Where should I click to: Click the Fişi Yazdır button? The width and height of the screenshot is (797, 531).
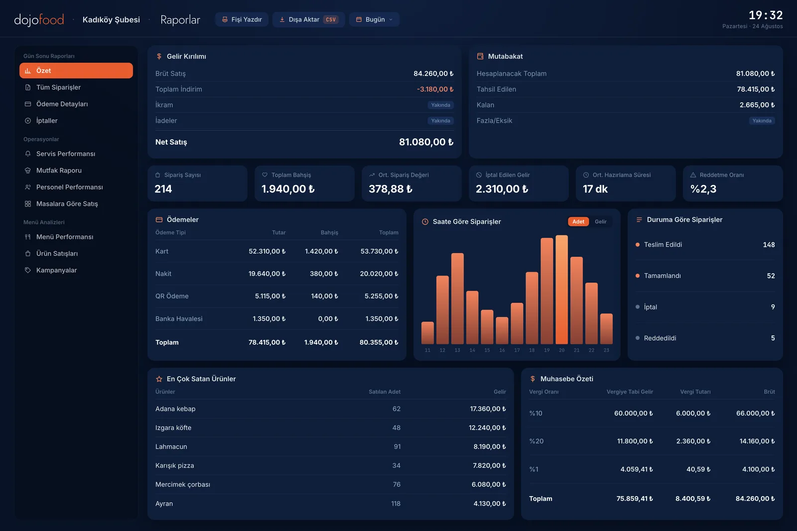click(242, 19)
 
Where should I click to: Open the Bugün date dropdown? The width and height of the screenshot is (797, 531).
click(374, 19)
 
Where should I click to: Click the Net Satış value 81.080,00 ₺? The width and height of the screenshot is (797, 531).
click(426, 142)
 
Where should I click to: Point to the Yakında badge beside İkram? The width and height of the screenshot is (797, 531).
click(440, 105)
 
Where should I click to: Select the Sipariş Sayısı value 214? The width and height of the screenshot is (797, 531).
click(163, 189)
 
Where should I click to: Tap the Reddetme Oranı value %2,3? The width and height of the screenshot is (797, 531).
click(703, 189)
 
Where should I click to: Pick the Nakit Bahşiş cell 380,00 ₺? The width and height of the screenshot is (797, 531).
click(324, 274)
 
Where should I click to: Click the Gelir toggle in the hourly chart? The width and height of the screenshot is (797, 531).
click(601, 221)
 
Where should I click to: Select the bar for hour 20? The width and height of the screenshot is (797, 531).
click(561, 290)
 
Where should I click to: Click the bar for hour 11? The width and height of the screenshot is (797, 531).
click(427, 333)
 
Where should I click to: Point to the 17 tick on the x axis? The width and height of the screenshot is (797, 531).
click(517, 350)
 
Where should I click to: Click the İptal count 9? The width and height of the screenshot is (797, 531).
click(773, 307)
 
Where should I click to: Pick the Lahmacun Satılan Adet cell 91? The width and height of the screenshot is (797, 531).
click(397, 446)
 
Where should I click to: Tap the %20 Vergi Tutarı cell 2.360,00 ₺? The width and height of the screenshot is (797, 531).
click(693, 441)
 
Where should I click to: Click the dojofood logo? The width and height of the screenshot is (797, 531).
click(39, 20)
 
